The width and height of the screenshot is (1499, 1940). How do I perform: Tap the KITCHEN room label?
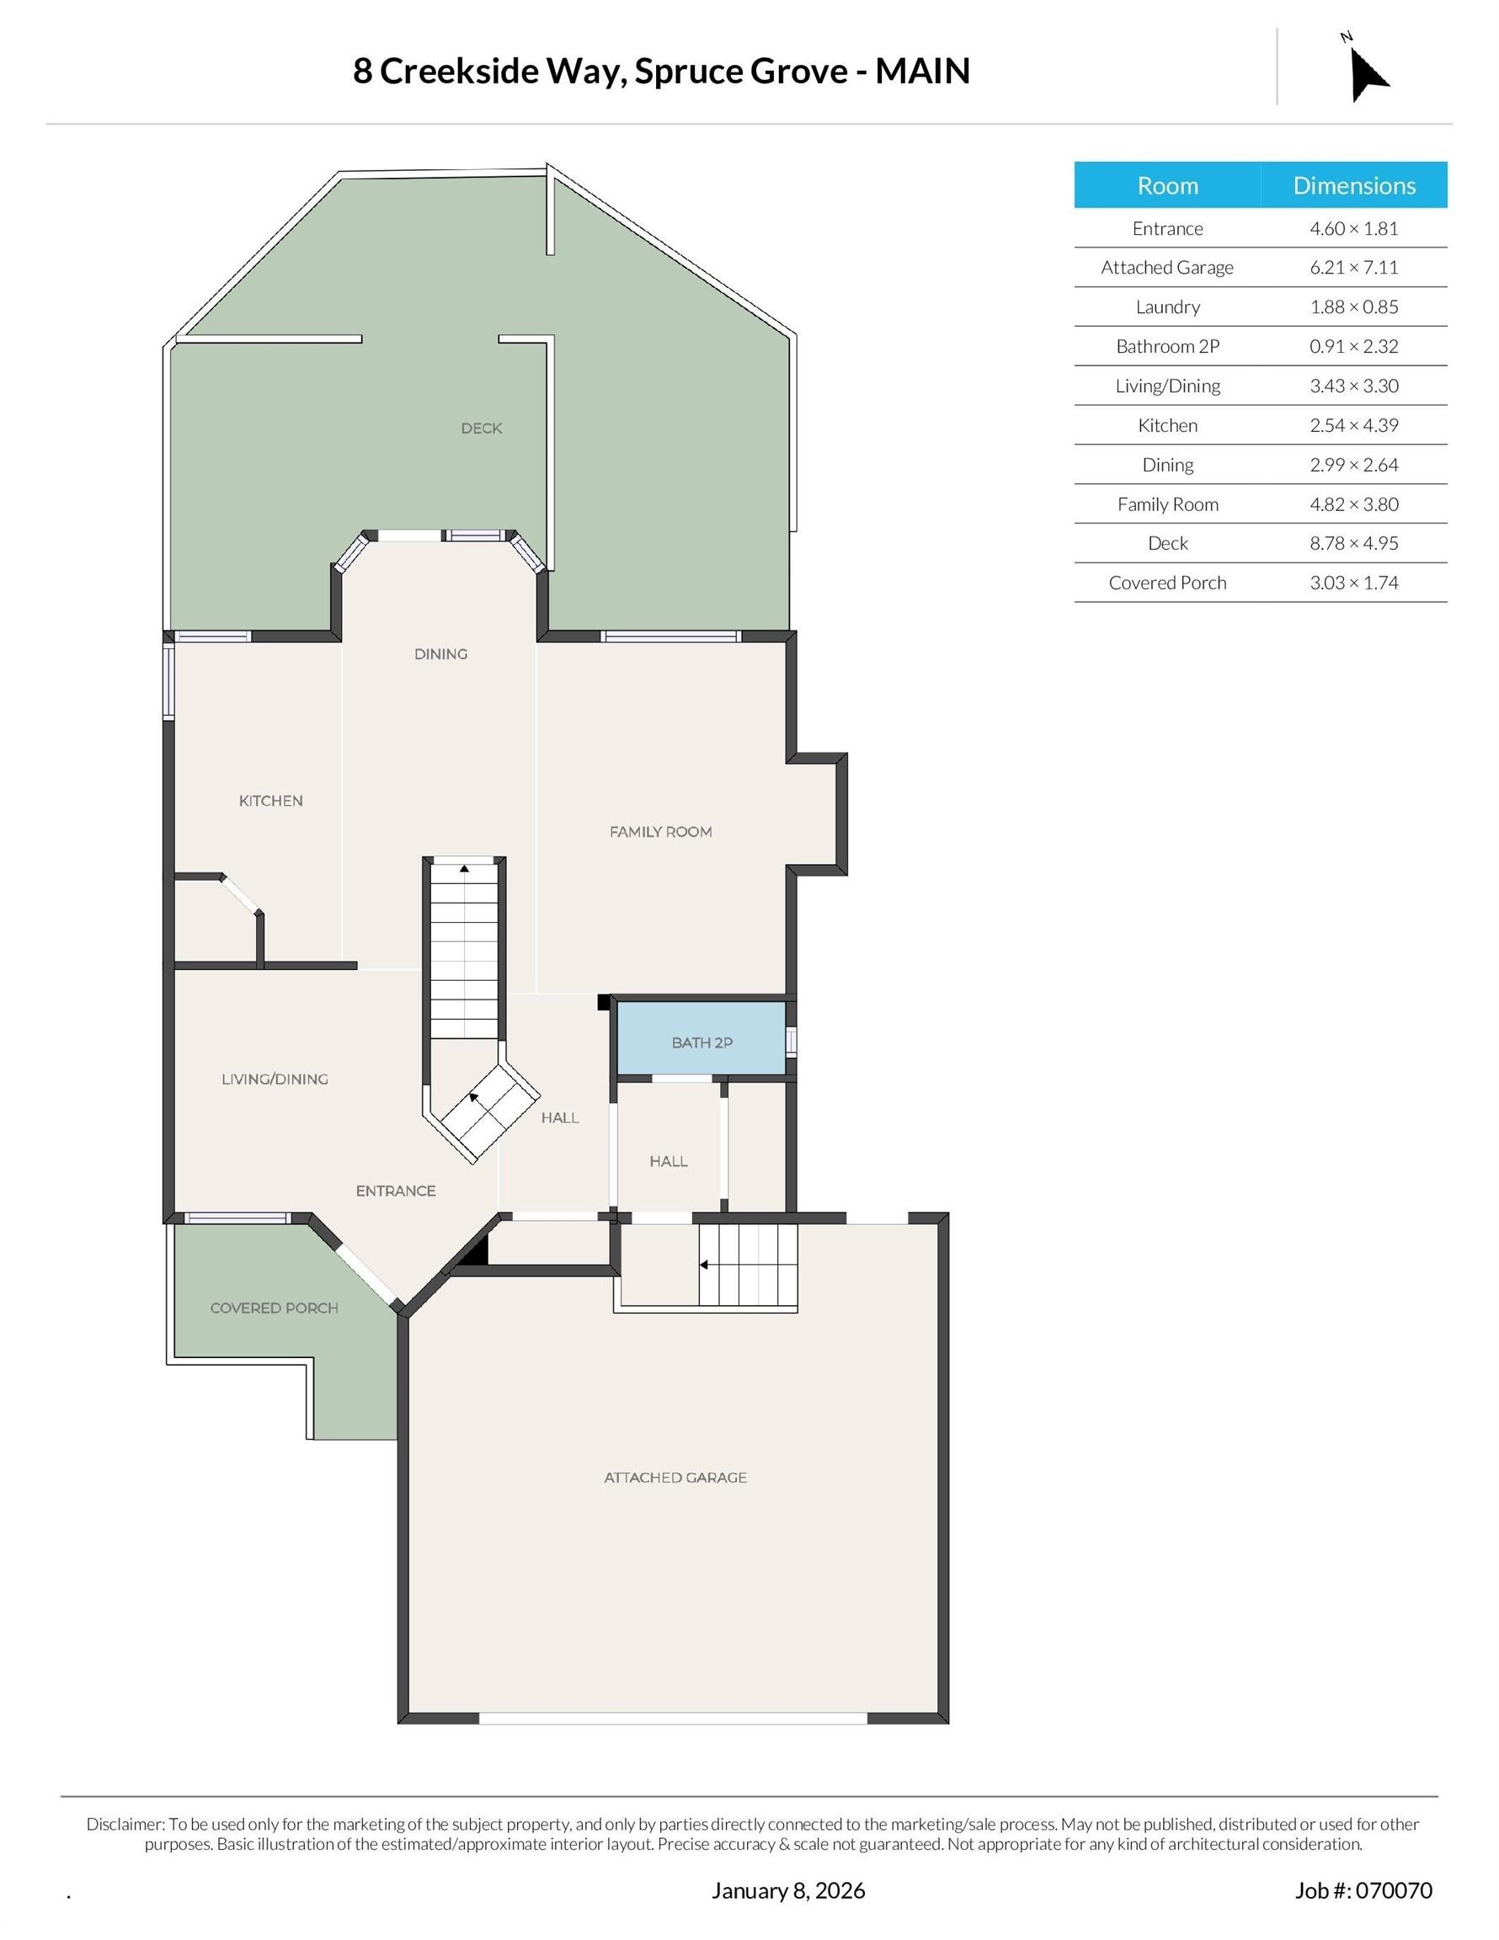point(271,802)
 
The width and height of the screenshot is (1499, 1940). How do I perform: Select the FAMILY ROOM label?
point(660,832)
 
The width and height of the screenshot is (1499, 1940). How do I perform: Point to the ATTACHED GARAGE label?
point(675,1478)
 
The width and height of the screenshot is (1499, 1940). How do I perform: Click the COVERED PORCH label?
point(274,1308)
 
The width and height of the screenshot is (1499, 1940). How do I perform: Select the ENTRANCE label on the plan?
point(396,1191)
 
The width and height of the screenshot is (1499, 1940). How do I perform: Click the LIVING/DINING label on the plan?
point(275,1079)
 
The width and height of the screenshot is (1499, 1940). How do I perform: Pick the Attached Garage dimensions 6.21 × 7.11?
point(1353,268)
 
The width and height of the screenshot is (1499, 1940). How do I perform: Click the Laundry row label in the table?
point(1167,307)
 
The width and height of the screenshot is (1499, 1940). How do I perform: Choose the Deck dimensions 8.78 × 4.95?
point(1353,544)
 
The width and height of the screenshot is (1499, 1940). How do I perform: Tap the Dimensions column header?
point(1353,185)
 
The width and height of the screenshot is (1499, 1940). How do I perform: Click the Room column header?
point(1167,185)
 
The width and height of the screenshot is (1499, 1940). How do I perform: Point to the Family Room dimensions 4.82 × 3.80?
point(1353,504)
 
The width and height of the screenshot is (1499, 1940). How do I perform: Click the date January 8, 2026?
point(787,1890)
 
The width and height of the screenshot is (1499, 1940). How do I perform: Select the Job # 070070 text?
point(1363,1890)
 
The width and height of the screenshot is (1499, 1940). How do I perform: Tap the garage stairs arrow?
point(704,1265)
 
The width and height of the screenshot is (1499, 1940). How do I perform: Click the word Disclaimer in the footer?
point(125,1824)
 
